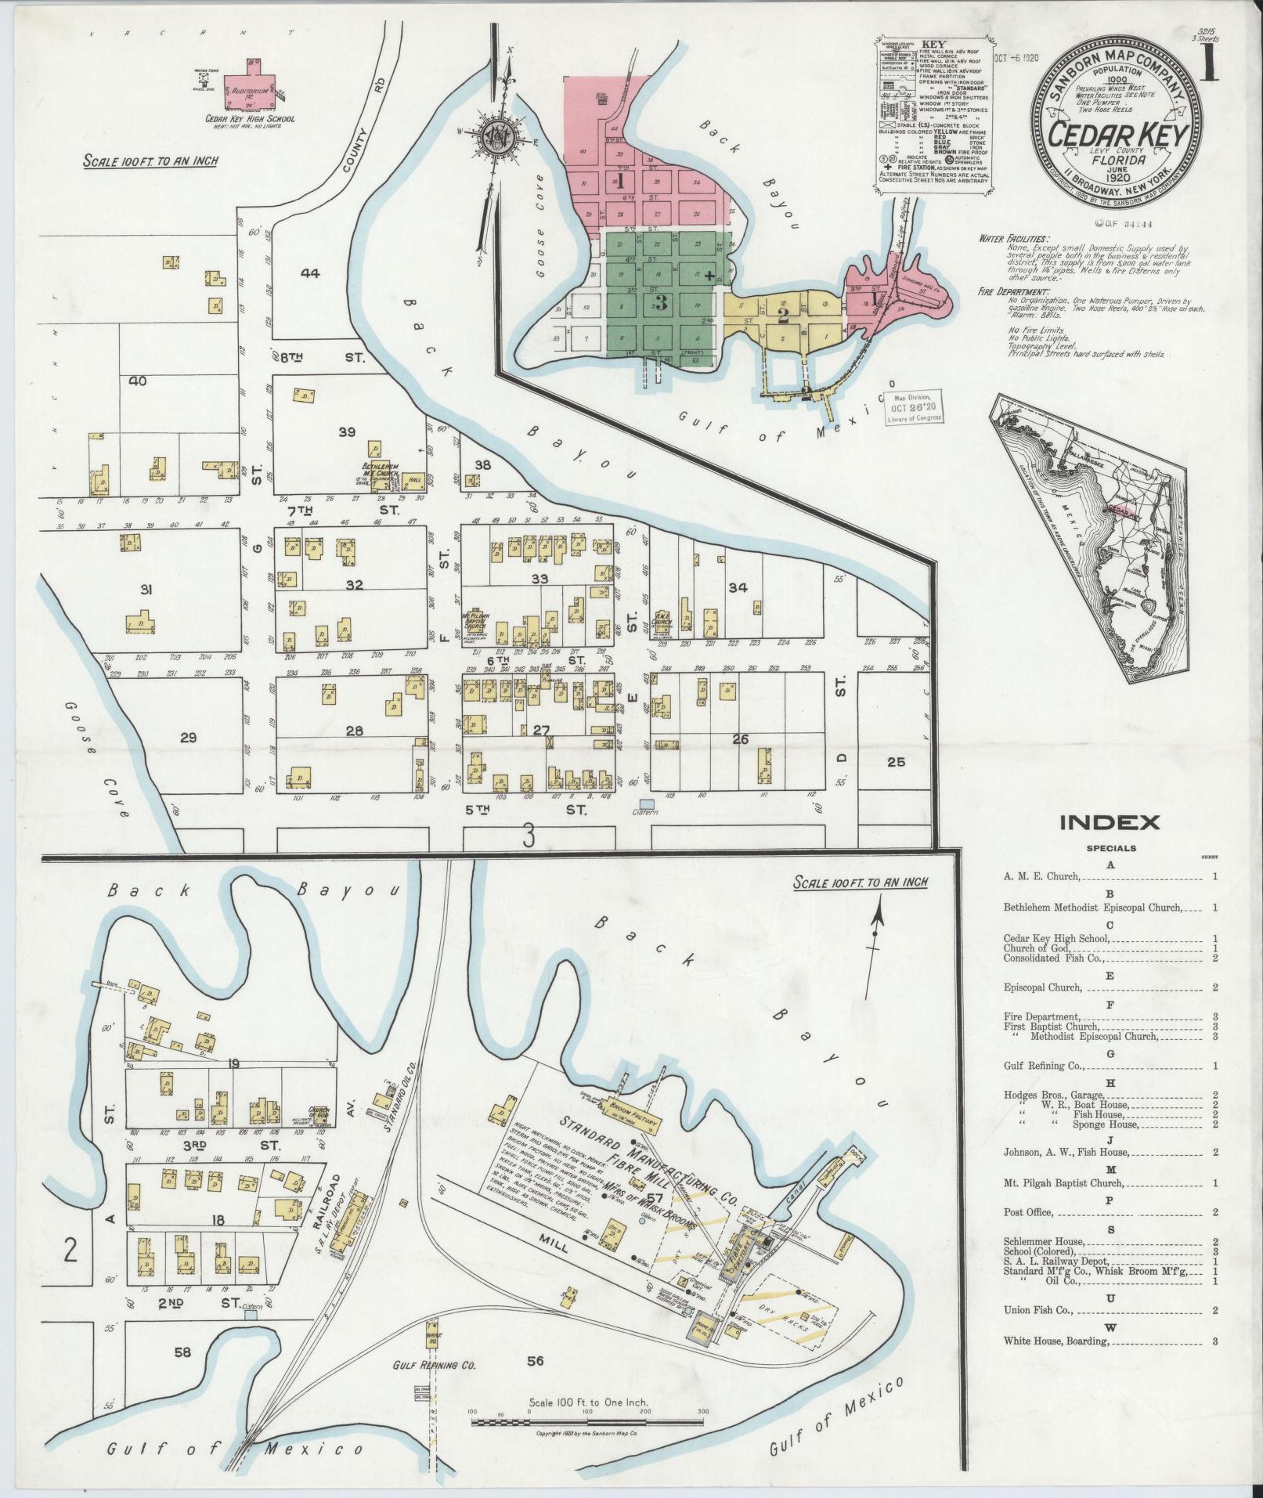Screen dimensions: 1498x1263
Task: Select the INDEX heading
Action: pos(1109,822)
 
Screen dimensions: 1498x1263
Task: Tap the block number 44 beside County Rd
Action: pos(310,273)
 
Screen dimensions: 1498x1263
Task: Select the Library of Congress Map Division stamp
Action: pos(915,407)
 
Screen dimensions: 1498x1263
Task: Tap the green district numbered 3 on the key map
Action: pos(660,305)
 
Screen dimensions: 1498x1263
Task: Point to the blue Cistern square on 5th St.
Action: pos(647,803)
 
